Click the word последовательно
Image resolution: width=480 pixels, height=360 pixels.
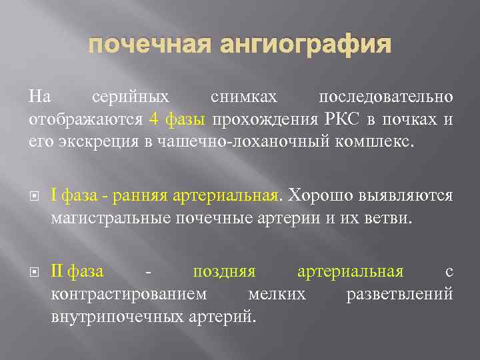(x=386, y=97)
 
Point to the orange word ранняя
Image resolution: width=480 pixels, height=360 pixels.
(x=141, y=196)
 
